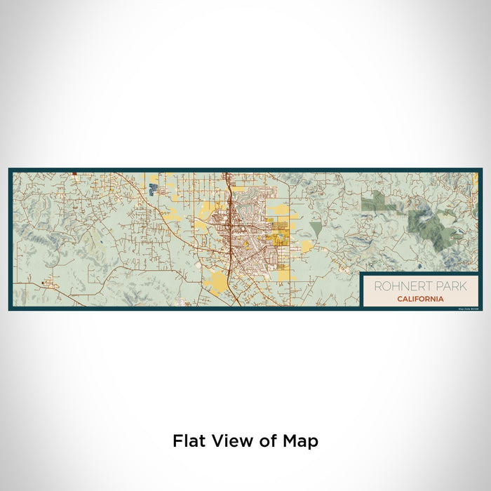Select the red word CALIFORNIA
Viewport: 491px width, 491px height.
pos(419,299)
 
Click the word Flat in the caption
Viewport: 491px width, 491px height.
pos(187,441)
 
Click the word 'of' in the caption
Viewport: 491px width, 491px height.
pos(262,441)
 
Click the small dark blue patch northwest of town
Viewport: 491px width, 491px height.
pos(153,189)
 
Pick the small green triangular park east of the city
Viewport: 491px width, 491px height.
pos(316,229)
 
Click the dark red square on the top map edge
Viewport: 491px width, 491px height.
pos(74,171)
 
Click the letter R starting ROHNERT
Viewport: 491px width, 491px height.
pos(377,286)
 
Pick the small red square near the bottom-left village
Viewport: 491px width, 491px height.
pos(46,284)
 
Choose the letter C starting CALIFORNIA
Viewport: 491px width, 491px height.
pos(398,299)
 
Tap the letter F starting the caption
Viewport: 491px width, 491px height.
pos(177,441)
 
